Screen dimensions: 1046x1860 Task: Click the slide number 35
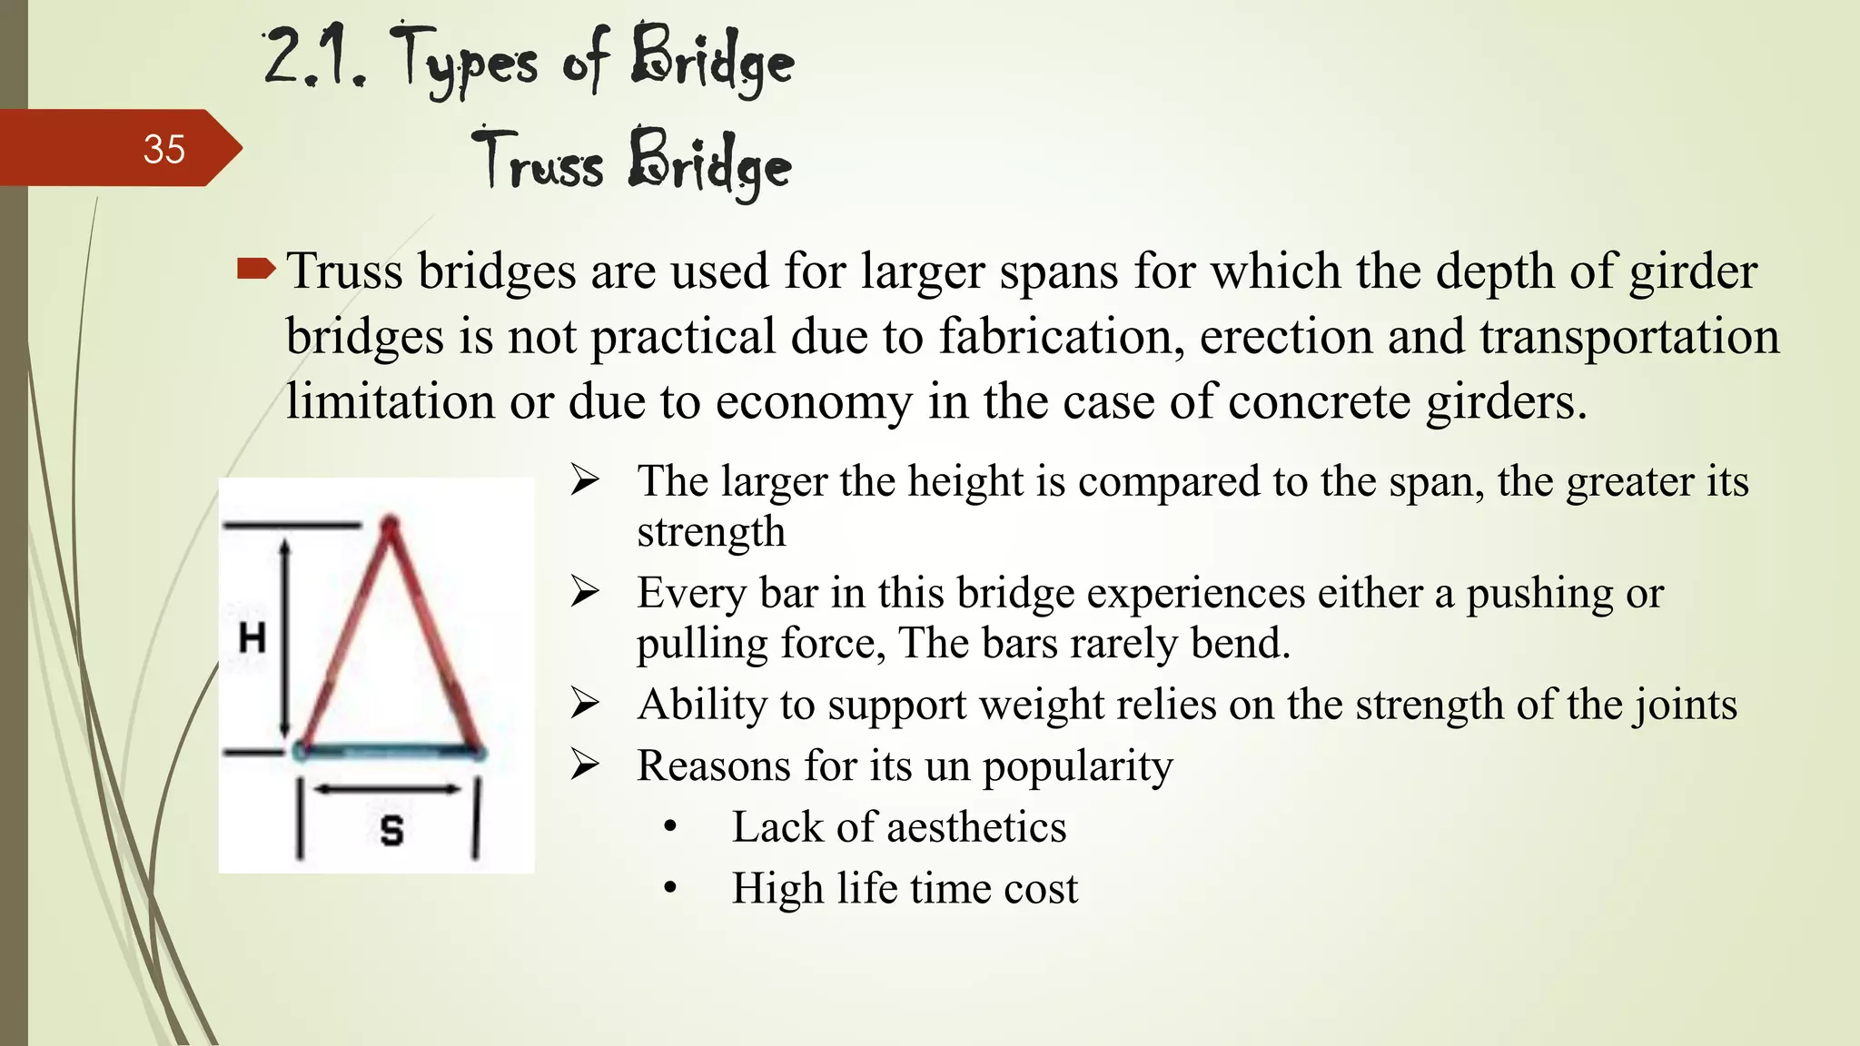pyautogui.click(x=163, y=149)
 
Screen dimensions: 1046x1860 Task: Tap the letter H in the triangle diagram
pyautogui.click(x=252, y=638)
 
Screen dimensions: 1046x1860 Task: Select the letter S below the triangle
pyautogui.click(x=391, y=830)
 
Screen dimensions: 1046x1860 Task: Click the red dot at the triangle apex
pyautogui.click(x=390, y=525)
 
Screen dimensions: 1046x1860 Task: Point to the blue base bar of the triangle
pyautogui.click(x=391, y=752)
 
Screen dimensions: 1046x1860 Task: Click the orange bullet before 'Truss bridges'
pyautogui.click(x=255, y=269)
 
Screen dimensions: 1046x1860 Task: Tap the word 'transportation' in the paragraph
pyautogui.click(x=1628, y=336)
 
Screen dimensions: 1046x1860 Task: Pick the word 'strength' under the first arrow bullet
pyautogui.click(x=711, y=531)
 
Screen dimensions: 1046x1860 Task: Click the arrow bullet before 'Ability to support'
pyautogui.click(x=585, y=705)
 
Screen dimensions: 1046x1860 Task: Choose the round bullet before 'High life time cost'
pyautogui.click(x=670, y=888)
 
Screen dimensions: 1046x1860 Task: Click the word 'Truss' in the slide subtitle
pyautogui.click(x=538, y=163)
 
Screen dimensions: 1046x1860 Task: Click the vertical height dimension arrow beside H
pyautogui.click(x=285, y=638)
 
